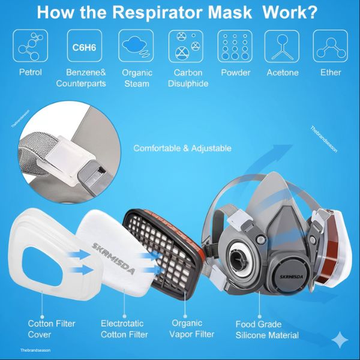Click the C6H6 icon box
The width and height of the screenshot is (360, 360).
pyautogui.click(x=84, y=46)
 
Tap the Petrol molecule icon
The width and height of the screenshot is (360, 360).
pyautogui.click(x=31, y=46)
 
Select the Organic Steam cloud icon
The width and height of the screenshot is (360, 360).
pyautogui.click(x=136, y=46)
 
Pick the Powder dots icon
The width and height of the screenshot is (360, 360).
pyautogui.click(x=235, y=46)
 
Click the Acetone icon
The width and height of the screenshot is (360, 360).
pyautogui.click(x=282, y=46)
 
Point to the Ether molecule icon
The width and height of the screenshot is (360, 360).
pyautogui.click(x=331, y=46)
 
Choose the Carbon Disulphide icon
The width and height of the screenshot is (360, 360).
pyautogui.click(x=186, y=46)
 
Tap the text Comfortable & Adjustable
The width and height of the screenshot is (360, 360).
pyautogui.click(x=182, y=148)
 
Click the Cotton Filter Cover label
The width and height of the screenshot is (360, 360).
pyautogui.click(x=52, y=329)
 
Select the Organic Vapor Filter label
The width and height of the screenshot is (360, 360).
pyautogui.click(x=192, y=329)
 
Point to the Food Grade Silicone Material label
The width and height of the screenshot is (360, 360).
pyautogui.click(x=267, y=329)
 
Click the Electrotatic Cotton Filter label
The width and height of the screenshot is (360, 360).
pyautogui.click(x=124, y=329)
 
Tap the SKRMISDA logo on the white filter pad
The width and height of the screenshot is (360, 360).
pyautogui.click(x=113, y=259)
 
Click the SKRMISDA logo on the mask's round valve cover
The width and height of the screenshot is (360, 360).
pyautogui.click(x=291, y=277)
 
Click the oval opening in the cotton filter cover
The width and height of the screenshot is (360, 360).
pyautogui.click(x=43, y=266)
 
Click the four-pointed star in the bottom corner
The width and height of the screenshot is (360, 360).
pyautogui.click(x=341, y=340)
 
